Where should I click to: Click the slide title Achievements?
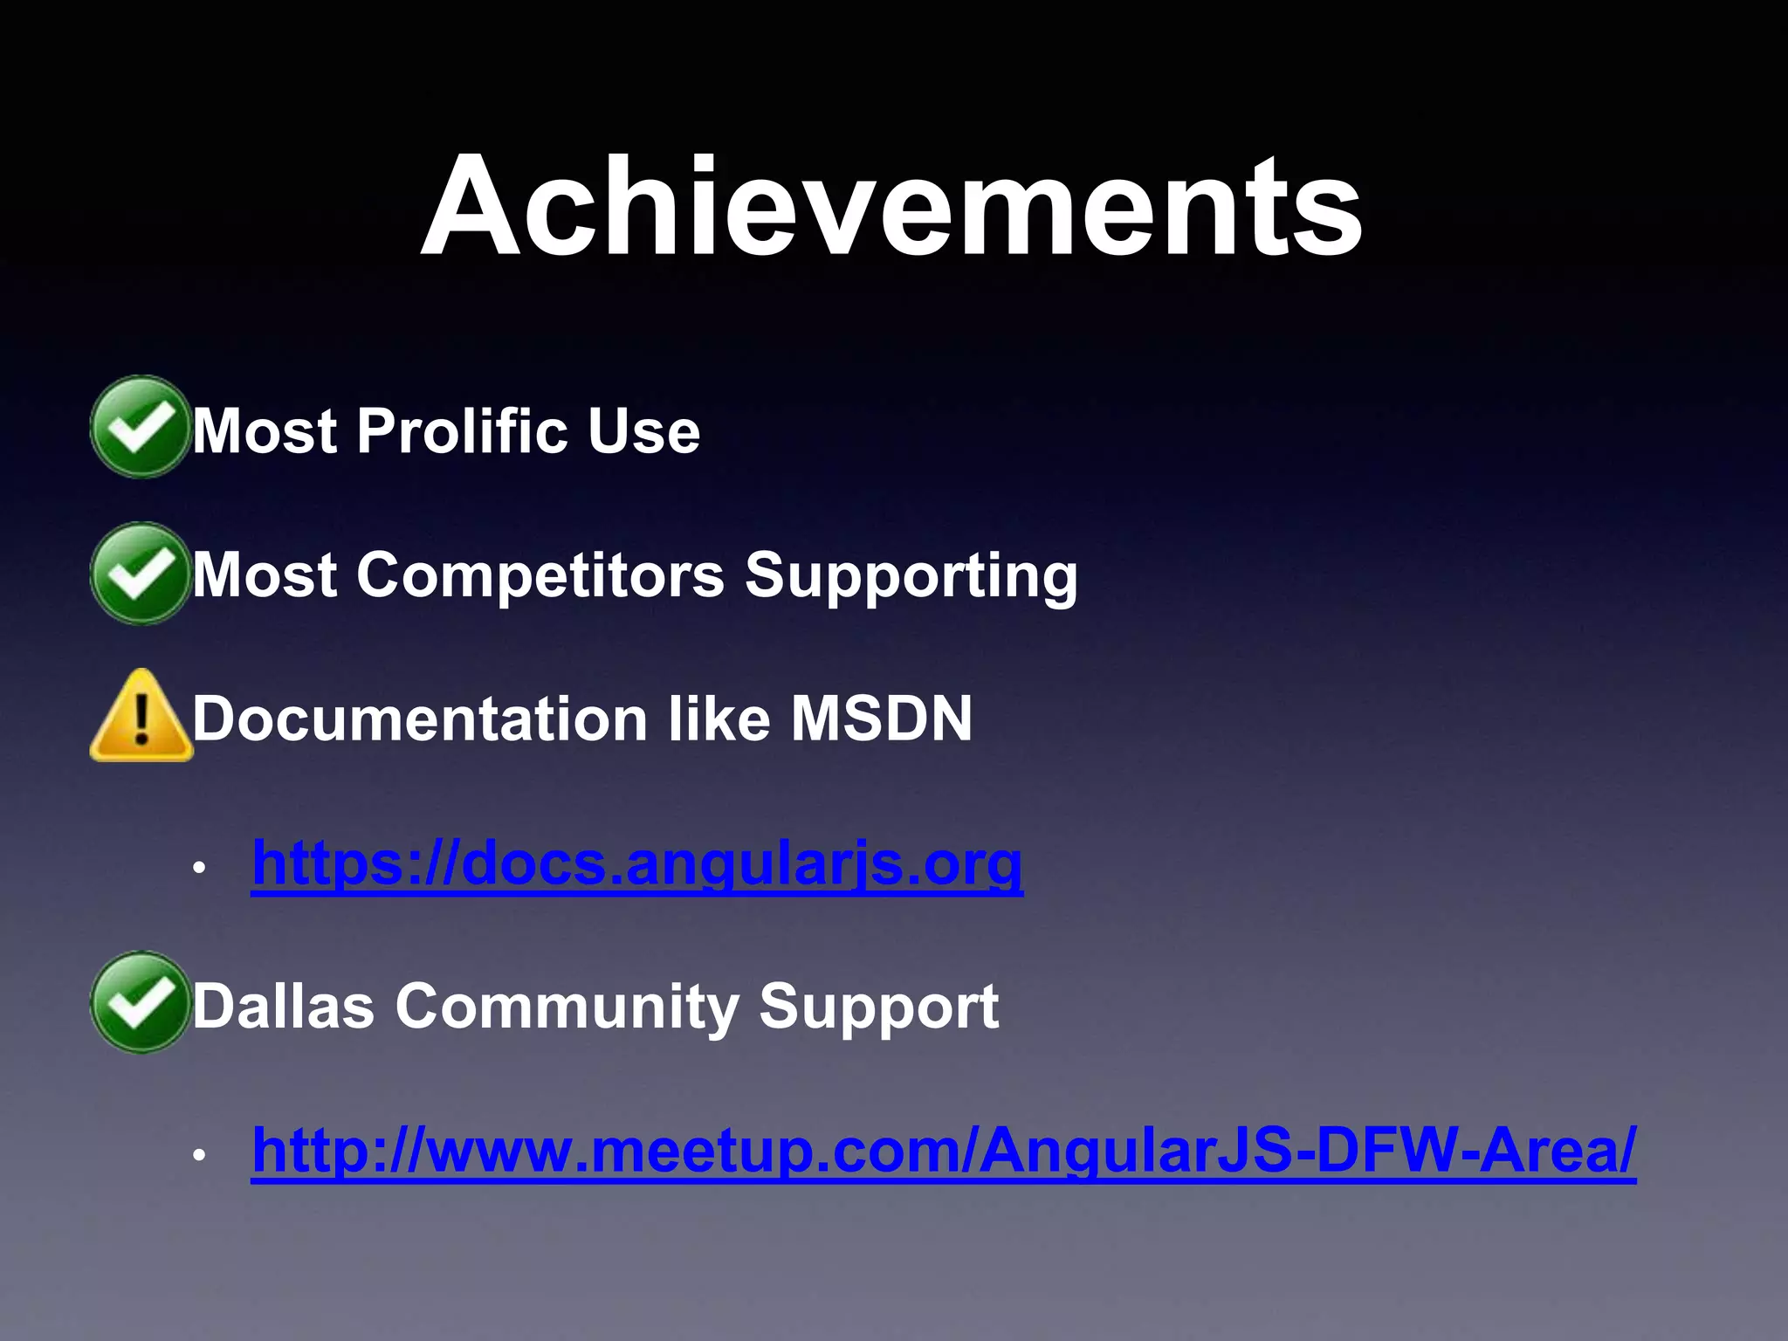click(891, 208)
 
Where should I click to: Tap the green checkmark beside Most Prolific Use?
click(140, 427)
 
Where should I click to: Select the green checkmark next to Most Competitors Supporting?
click(140, 574)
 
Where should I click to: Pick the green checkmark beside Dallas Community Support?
click(140, 1002)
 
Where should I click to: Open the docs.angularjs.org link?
click(636, 863)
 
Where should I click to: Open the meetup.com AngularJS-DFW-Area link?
click(943, 1150)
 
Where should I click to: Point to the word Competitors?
click(540, 575)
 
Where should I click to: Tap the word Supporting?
click(911, 577)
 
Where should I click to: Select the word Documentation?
click(419, 719)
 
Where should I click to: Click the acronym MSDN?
click(881, 719)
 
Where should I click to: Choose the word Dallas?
click(283, 1006)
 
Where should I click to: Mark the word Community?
click(566, 1007)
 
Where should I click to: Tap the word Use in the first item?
click(643, 430)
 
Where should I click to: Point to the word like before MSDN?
click(719, 719)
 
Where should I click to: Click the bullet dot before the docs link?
click(199, 869)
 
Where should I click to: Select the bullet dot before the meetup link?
click(199, 1155)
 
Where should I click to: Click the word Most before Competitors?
click(265, 575)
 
